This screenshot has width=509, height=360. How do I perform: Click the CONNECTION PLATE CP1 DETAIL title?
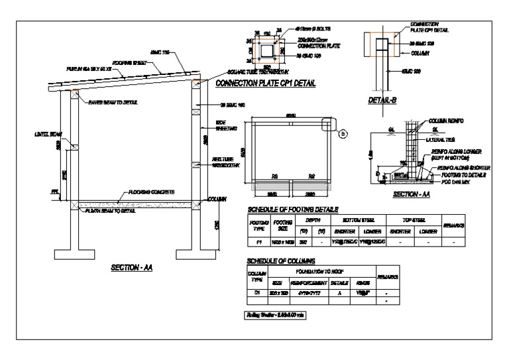coord(265,84)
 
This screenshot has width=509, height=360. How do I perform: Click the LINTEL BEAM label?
coord(48,133)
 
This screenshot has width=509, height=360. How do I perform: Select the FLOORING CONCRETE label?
coord(151,192)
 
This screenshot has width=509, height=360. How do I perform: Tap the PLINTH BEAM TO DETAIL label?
coord(109,211)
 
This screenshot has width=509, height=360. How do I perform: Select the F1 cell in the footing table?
coord(254,242)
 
